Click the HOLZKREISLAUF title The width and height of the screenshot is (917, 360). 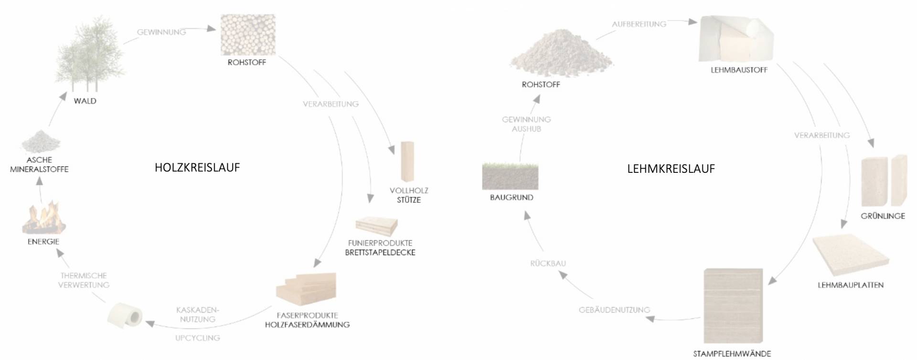197,168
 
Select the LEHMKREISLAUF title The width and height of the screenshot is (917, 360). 671,169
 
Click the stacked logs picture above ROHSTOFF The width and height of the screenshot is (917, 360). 248,34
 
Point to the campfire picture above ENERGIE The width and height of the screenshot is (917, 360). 43,218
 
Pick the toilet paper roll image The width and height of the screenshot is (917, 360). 125,315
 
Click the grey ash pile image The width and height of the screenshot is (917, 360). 41,140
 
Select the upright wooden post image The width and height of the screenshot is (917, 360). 407,161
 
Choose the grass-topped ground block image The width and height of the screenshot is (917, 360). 510,176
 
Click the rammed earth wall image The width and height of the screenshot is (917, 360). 733,305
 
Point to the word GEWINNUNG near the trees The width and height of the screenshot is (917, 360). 161,32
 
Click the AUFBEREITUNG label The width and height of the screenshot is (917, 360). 639,24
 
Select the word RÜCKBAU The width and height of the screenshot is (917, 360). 548,263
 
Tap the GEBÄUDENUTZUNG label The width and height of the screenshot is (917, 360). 614,310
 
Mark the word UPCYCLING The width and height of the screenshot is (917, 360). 197,338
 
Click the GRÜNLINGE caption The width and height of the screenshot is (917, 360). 883,216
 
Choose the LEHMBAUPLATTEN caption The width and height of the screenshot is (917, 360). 851,285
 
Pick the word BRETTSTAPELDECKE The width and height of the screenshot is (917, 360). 380,252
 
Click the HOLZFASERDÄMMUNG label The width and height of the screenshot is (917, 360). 307,325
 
